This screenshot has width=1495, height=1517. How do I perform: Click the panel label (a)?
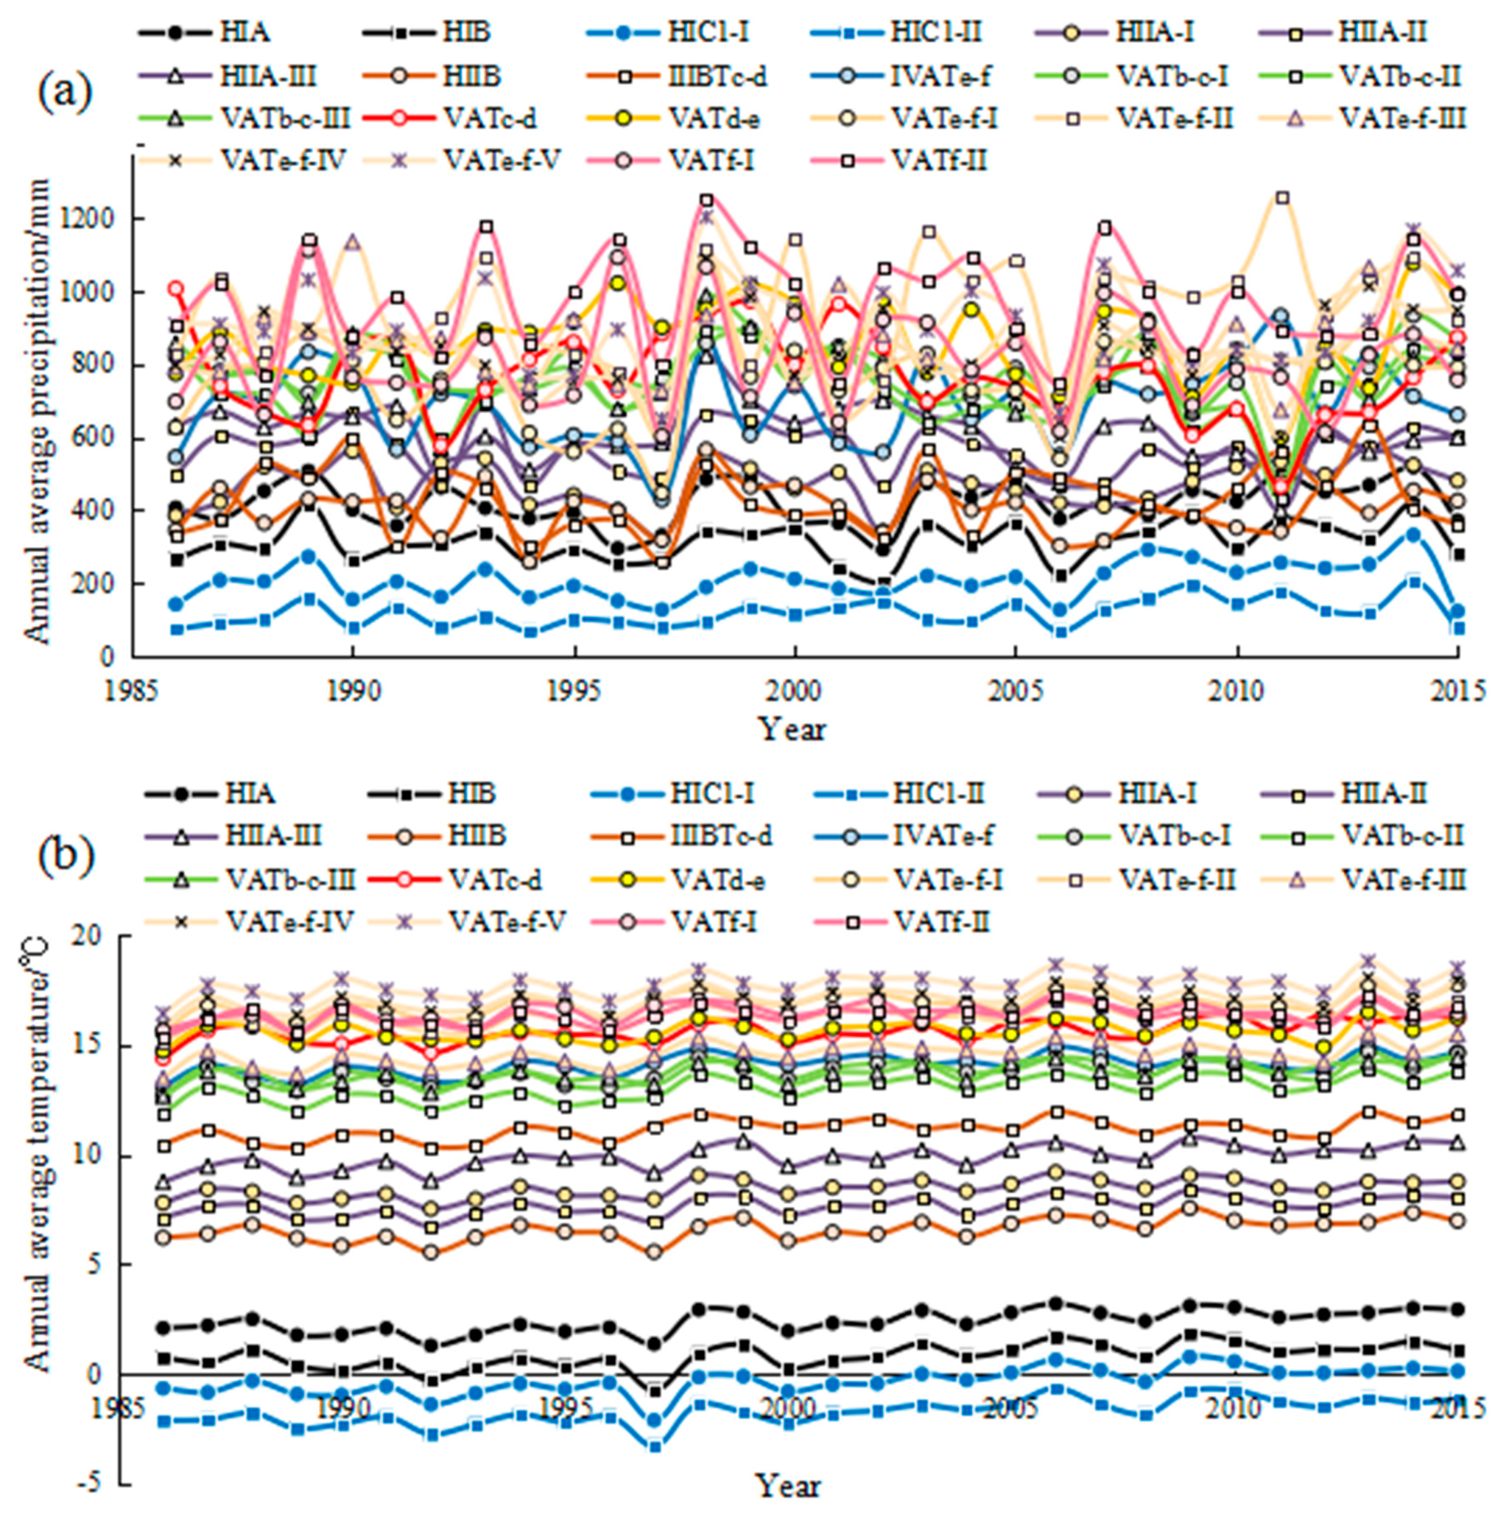[65, 94]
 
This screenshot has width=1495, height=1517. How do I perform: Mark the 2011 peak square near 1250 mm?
[1282, 198]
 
